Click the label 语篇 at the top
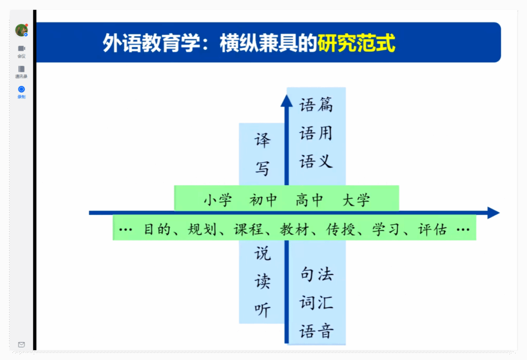coord(316,104)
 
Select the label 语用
coord(316,133)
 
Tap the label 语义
coord(316,161)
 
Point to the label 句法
coord(317,274)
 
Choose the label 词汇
coord(316,303)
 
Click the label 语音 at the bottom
coord(316,331)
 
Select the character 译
coord(262,140)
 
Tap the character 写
coord(262,169)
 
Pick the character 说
coord(262,254)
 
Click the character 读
coord(262,282)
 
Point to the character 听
coord(262,310)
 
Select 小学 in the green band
coord(218,200)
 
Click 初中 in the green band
coord(263,200)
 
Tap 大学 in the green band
coord(356,200)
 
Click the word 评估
coord(433,229)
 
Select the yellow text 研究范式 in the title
coord(357,43)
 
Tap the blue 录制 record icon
coord(21,89)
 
